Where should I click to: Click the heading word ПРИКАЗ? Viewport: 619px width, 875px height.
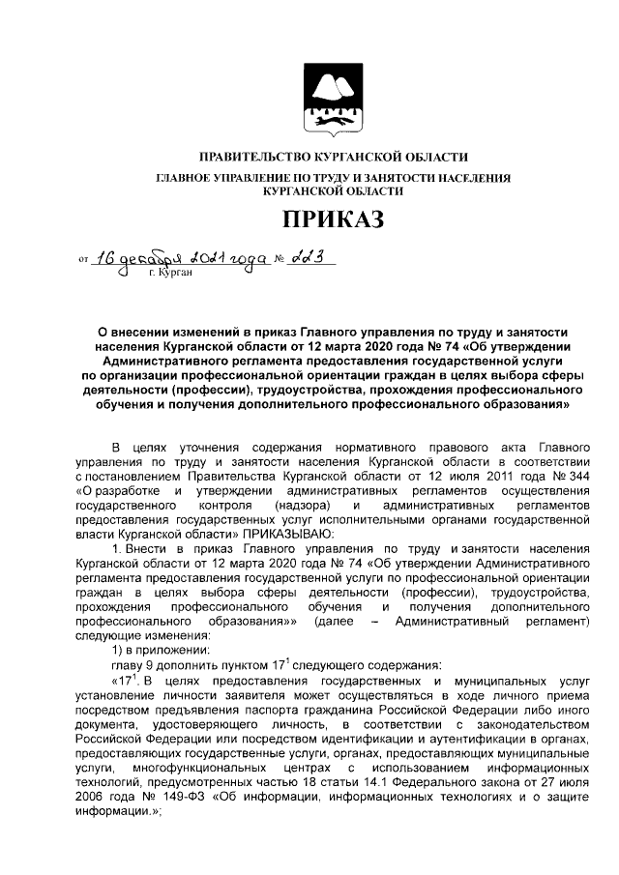333,219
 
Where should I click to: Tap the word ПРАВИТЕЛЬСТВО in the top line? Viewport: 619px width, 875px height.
255,157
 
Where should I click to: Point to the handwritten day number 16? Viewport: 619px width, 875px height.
111,259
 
